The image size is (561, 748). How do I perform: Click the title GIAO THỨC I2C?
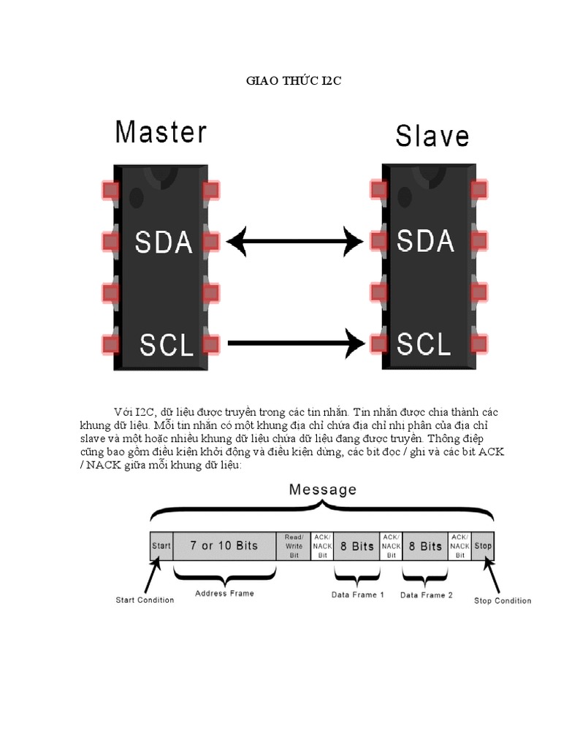coord(292,82)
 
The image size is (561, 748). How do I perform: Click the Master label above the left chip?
coord(161,133)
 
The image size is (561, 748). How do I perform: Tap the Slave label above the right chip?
coord(432,136)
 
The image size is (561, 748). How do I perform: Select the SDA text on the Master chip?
coord(164,243)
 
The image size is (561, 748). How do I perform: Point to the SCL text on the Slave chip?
coord(424,343)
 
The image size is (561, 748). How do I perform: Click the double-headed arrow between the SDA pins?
coord(295,240)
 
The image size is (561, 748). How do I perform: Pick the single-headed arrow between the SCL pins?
coord(296,342)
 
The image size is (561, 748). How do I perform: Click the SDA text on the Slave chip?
coord(425,241)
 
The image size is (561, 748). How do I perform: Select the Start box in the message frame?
coord(161,546)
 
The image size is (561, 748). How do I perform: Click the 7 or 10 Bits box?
coord(224,546)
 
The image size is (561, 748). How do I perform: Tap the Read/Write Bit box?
coord(293,546)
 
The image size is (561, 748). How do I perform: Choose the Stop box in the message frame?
coord(483,546)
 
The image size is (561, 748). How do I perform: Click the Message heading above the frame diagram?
coord(323,489)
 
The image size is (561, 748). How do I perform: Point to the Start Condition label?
coord(145,600)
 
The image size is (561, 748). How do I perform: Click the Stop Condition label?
coord(503,601)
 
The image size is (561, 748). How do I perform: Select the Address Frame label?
coord(224,593)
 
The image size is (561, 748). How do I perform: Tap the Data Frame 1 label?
coord(358,595)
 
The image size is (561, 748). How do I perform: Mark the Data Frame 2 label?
coord(427,595)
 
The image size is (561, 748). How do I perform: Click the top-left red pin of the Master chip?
coord(110,190)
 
